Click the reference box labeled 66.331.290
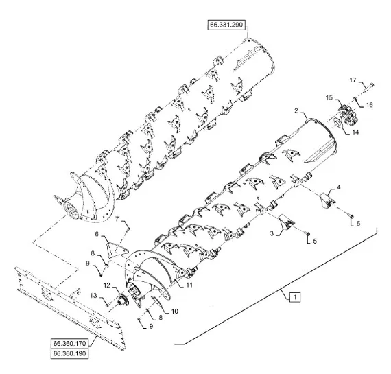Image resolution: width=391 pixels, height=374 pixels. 226,25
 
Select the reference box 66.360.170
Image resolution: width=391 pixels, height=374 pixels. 69,344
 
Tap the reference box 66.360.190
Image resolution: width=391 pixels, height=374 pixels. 69,353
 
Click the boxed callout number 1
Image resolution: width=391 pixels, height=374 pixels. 295,297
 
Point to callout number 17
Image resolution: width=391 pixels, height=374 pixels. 353,80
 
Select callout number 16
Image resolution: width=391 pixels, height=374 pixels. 369,105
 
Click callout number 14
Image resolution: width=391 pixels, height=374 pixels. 355,132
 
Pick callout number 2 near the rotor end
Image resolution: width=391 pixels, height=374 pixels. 296,110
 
